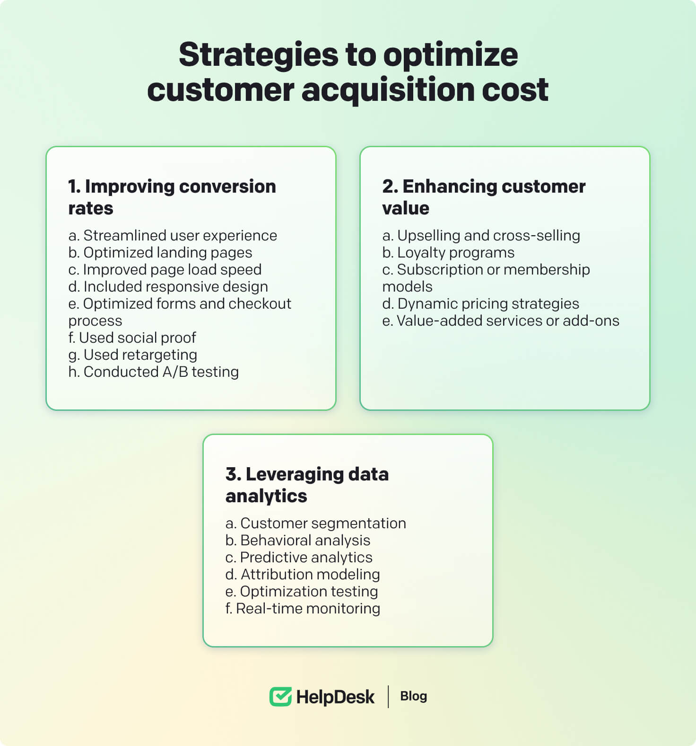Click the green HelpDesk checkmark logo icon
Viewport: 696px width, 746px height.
pos(280,697)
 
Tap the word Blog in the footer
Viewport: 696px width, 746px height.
pos(413,696)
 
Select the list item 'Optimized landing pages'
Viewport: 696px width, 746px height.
pos(160,253)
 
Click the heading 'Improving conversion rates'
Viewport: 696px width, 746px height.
pos(172,197)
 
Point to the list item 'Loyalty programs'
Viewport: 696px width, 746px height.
pos(448,253)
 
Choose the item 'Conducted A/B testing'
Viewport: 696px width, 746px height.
pos(154,372)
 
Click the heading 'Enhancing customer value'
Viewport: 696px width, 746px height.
pos(484,197)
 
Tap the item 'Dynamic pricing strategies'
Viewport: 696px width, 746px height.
pos(480,303)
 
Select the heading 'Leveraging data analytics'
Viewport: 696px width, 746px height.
pos(307,485)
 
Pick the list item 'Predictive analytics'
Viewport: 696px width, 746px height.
pos(299,557)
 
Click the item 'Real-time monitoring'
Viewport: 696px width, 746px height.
pos(303,608)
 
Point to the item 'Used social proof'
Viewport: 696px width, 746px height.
pos(132,337)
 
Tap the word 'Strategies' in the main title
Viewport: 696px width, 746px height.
pos(259,55)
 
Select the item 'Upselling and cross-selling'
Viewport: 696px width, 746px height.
pos(481,235)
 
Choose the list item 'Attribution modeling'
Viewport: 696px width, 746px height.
pos(303,574)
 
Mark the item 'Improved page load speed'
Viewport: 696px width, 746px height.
pos(165,269)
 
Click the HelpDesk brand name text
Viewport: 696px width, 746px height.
pos(335,697)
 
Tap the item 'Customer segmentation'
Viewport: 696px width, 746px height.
pos(315,523)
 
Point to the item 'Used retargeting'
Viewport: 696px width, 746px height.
pos(133,355)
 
